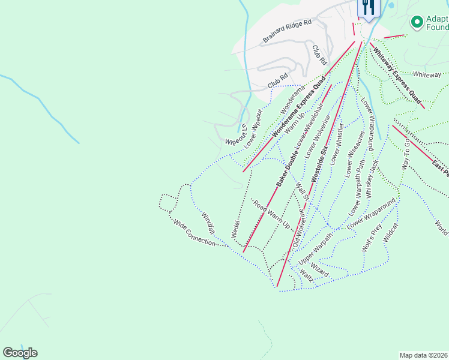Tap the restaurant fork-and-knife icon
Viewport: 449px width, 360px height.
(368, 7)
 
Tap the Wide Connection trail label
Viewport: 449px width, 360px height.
(194, 233)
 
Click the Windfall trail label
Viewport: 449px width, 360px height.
(208, 223)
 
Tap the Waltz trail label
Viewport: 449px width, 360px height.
(307, 277)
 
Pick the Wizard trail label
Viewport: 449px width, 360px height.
(320, 269)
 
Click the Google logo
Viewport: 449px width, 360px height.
(20, 353)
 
